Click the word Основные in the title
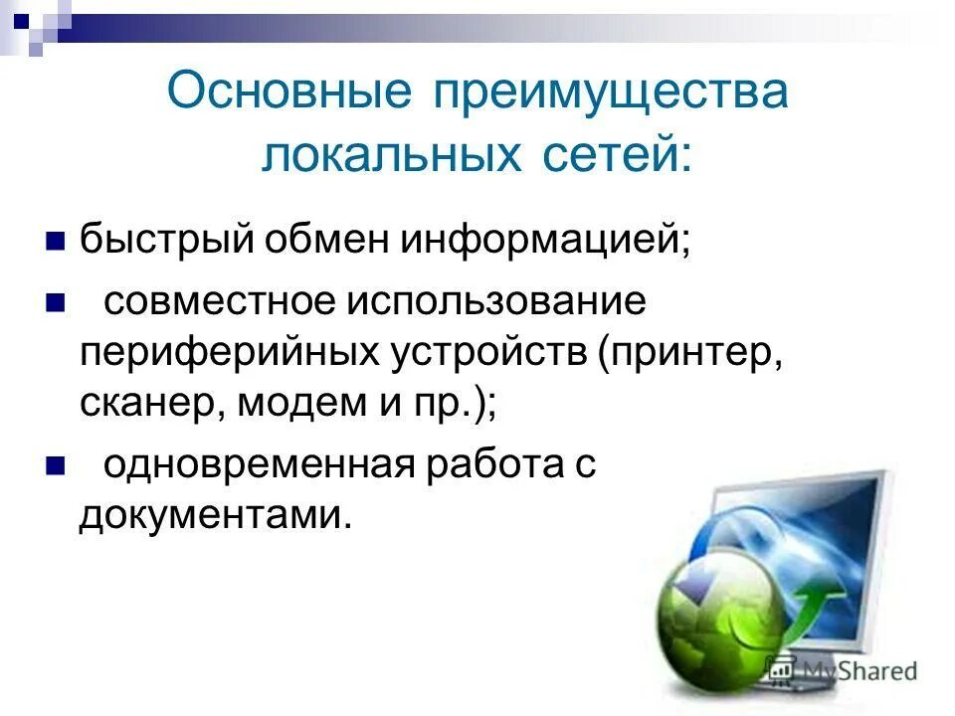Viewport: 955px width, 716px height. (x=288, y=92)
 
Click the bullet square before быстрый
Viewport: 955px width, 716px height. (x=57, y=240)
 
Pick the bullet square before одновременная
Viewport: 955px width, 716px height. (x=57, y=465)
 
